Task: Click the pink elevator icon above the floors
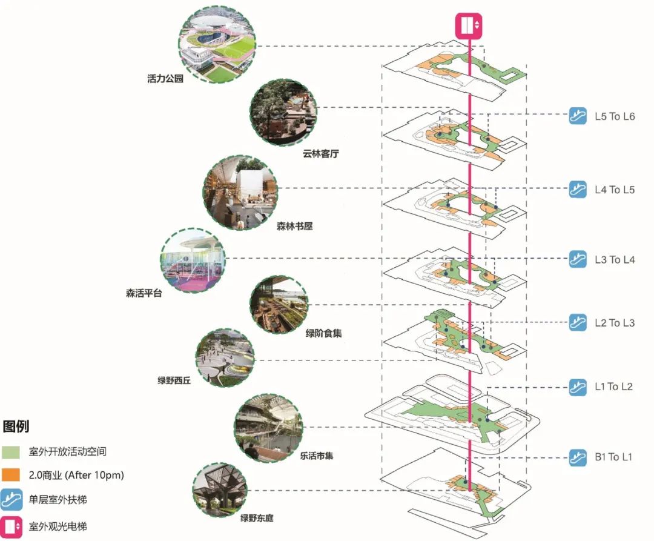tap(469, 25)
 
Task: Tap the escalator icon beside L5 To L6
tap(578, 116)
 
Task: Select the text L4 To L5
tap(614, 190)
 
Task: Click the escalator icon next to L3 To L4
tap(578, 259)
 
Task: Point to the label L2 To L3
tap(614, 323)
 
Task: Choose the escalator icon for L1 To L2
tap(578, 387)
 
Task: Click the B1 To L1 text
tap(613, 457)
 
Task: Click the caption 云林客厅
tap(320, 154)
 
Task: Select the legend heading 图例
tap(16, 426)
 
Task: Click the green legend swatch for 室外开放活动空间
tap(12, 452)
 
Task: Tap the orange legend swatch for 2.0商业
tap(12, 475)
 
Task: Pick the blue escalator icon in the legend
tap(12, 500)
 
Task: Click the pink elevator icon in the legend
tap(12, 526)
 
